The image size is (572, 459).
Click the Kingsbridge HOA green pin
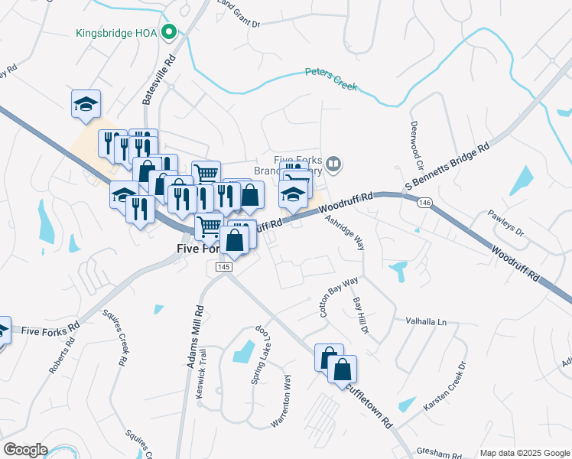171,33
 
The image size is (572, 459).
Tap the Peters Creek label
331,79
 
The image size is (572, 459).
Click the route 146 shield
425,203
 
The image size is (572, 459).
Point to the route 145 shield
223,266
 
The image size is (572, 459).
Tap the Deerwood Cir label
418,145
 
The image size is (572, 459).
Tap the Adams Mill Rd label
194,336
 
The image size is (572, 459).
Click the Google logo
24,450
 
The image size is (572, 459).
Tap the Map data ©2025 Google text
524,453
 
